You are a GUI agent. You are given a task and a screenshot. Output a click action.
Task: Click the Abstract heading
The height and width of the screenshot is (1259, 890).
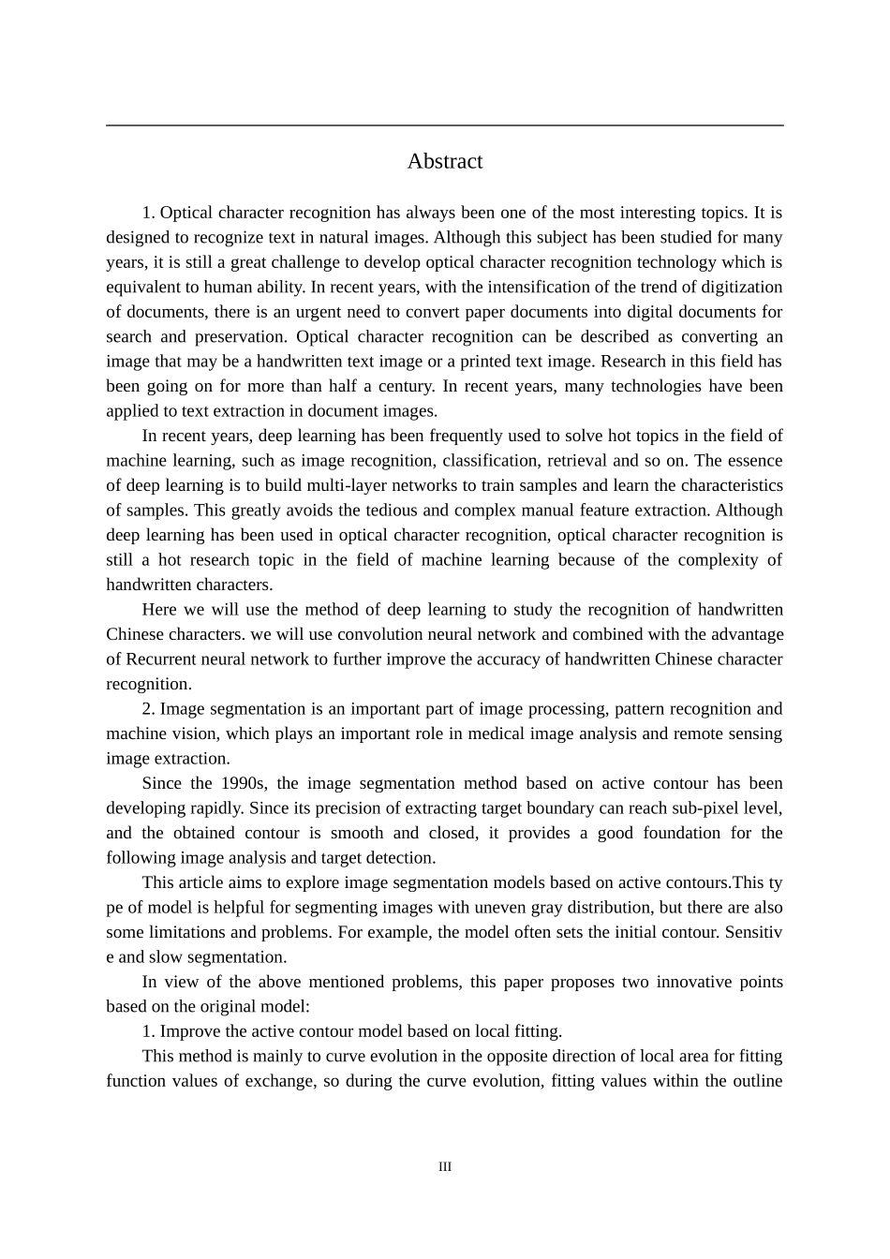click(x=444, y=161)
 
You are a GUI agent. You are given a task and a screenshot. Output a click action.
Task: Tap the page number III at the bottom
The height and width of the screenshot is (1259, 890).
click(x=444, y=1166)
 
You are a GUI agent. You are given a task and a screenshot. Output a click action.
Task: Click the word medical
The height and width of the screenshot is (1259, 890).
click(x=497, y=733)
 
